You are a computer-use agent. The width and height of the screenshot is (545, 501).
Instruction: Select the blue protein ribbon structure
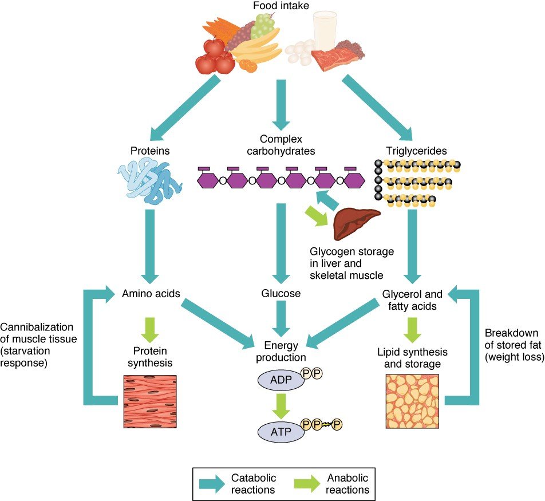coord(150,182)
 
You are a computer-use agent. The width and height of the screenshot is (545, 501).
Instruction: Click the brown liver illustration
coord(356,224)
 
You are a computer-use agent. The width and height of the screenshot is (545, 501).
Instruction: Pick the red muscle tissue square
coord(150,401)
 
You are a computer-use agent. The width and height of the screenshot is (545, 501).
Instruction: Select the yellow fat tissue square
coord(413,401)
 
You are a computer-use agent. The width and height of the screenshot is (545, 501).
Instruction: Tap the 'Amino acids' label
coord(151,294)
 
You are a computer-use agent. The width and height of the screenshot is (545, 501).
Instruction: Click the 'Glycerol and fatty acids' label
coord(412,300)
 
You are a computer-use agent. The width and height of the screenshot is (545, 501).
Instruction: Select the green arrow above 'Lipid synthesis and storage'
coord(413,327)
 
